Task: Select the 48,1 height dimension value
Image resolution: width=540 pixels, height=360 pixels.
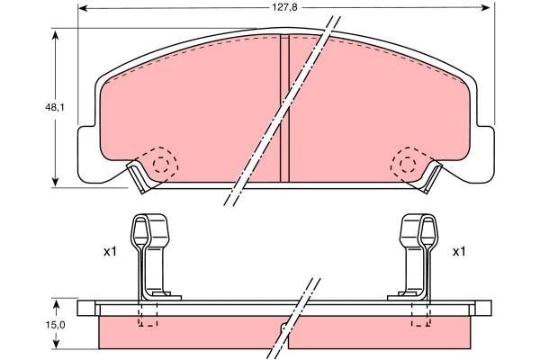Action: pyautogui.click(x=56, y=107)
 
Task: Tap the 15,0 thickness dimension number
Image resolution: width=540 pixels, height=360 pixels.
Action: pyautogui.click(x=56, y=325)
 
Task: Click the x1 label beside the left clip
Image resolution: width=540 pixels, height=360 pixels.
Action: pyautogui.click(x=110, y=252)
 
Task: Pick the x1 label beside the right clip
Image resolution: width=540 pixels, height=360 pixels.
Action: pyautogui.click(x=459, y=252)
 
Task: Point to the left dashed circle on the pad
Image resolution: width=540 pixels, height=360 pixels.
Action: pyautogui.click(x=162, y=164)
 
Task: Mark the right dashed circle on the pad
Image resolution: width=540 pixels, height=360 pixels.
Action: pyautogui.click(x=407, y=164)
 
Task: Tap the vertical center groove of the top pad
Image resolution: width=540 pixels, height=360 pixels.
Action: pyautogui.click(x=283, y=108)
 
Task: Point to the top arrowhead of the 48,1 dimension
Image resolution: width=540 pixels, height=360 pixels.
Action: pyautogui.click(x=56, y=34)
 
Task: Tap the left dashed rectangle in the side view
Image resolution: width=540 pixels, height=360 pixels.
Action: pyautogui.click(x=148, y=313)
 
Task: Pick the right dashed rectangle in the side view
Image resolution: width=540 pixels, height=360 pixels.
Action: pyautogui.click(x=420, y=313)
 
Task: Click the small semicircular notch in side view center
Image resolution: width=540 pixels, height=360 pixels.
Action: pyautogui.click(x=284, y=328)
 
